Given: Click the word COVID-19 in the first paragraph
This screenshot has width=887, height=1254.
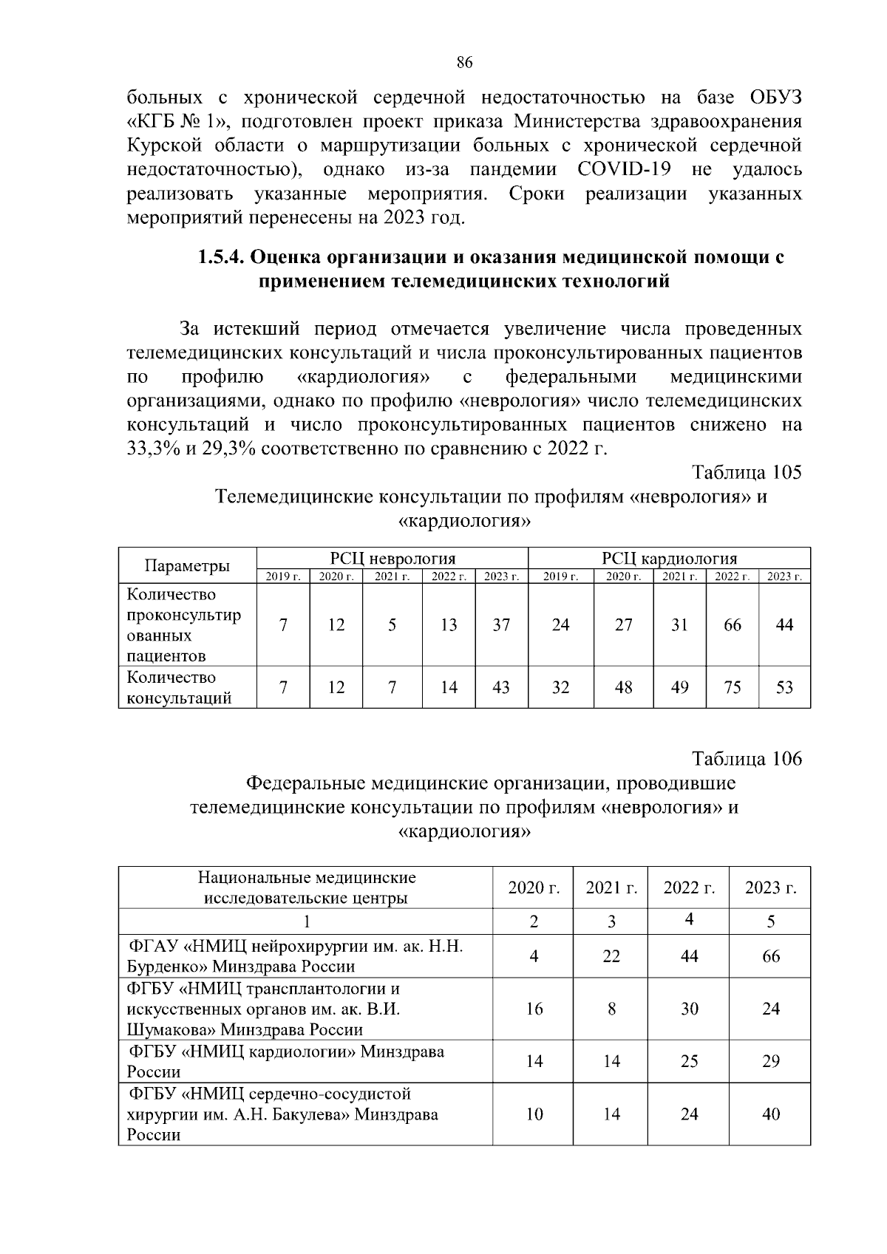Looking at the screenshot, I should tap(624, 170).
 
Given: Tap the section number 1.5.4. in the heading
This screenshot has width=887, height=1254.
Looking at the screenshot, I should tap(220, 258).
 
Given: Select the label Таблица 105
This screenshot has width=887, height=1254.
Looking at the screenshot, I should tap(747, 472).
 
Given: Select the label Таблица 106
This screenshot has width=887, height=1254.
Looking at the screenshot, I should tap(747, 759).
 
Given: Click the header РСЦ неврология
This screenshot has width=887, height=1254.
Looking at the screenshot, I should tap(392, 558).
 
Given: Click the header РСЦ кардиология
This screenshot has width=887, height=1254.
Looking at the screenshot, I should tap(669, 558).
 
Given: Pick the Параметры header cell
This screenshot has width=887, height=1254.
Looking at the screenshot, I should tap(187, 566).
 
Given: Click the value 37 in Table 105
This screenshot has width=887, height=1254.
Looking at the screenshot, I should tap(501, 625).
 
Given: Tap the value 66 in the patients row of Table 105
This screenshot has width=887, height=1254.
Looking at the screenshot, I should tap(733, 625).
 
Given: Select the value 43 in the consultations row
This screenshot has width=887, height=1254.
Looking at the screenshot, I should tap(501, 687).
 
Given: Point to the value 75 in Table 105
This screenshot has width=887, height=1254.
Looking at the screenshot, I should tap(733, 687).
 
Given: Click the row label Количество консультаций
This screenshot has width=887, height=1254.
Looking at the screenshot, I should tap(180, 687).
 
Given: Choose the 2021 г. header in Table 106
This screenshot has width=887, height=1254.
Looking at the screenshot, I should tap(611, 887).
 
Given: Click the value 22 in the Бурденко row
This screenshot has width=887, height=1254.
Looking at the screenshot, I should tap(611, 956).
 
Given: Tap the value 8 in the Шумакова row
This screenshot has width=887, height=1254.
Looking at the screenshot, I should tap(611, 1009).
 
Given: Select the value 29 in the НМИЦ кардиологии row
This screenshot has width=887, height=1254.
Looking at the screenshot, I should tap(770, 1061).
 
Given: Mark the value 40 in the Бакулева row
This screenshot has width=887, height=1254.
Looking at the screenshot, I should tap(770, 1114).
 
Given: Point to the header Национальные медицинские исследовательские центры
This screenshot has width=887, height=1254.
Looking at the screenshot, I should tap(306, 887).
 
